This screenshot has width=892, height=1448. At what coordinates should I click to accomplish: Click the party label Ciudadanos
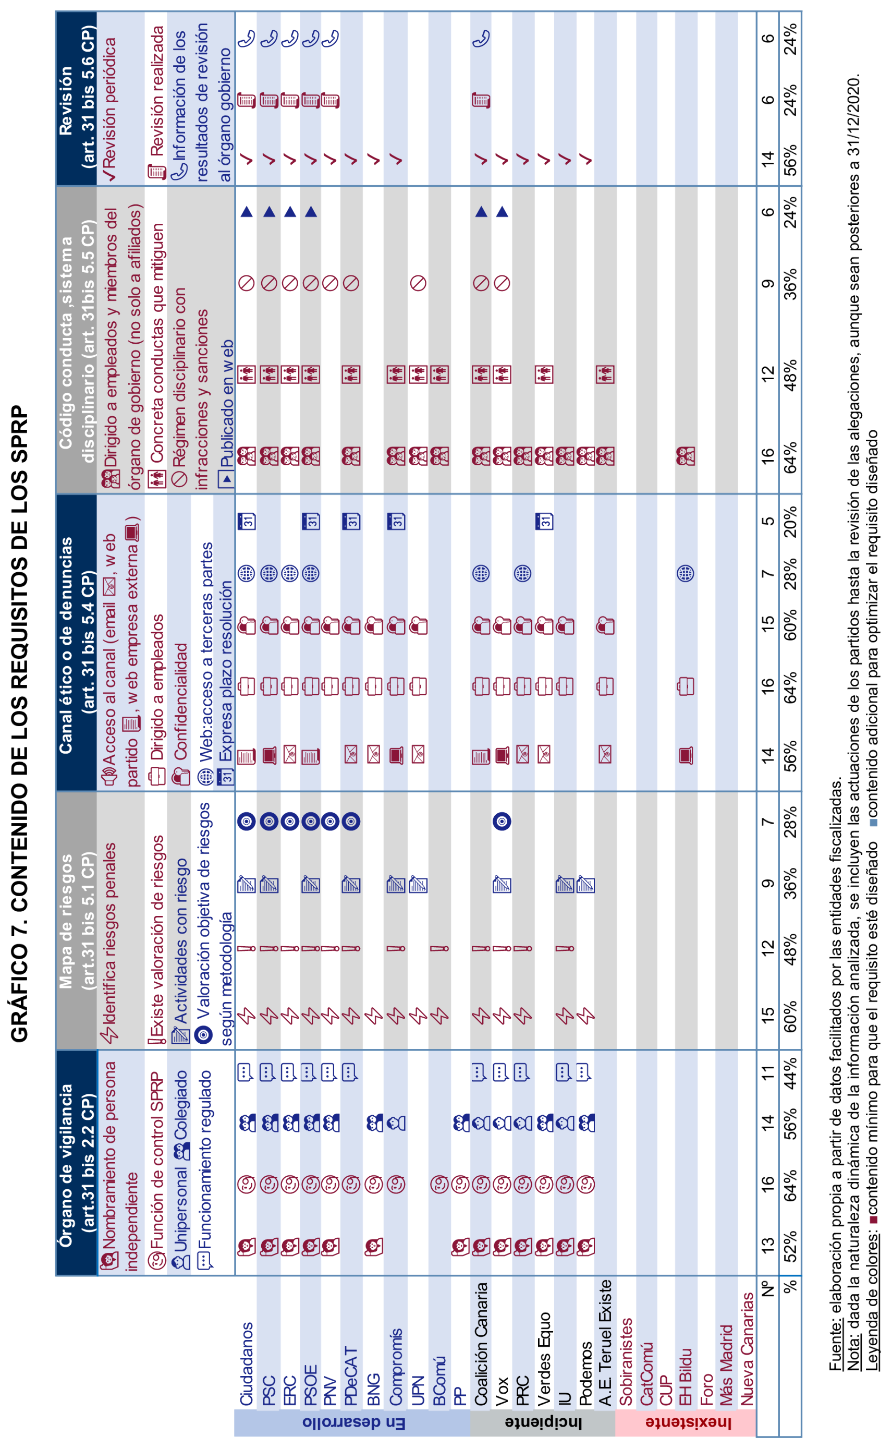pyautogui.click(x=246, y=1363)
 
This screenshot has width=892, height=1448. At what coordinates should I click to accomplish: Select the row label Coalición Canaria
pyautogui.click(x=481, y=1343)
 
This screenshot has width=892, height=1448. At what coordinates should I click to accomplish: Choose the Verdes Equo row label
pyautogui.click(x=544, y=1358)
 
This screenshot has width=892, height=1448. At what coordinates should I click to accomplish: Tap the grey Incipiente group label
pyautogui.click(x=543, y=1422)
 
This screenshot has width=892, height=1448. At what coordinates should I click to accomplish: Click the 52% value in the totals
pyautogui.click(x=790, y=1245)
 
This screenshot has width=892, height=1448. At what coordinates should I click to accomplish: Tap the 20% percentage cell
pyautogui.click(x=790, y=521)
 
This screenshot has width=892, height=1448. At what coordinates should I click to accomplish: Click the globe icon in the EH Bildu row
pyautogui.click(x=685, y=573)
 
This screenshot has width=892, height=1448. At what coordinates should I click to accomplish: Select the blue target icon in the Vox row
pyautogui.click(x=502, y=821)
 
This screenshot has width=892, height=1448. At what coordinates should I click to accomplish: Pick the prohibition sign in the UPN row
pyautogui.click(x=418, y=283)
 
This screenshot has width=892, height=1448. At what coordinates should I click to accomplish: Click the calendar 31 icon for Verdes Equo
pyautogui.click(x=544, y=521)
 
